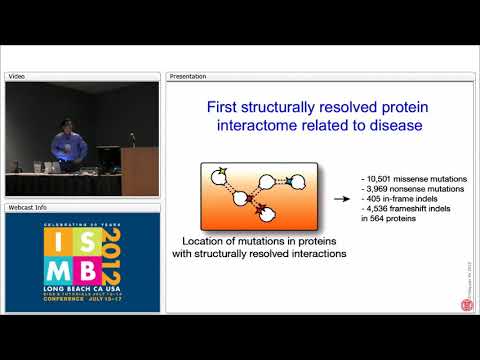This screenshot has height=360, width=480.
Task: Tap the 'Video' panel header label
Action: pos(17,76)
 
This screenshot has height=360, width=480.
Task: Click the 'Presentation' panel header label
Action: pos(189,76)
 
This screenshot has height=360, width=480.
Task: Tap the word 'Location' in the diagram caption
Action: pos(211,241)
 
